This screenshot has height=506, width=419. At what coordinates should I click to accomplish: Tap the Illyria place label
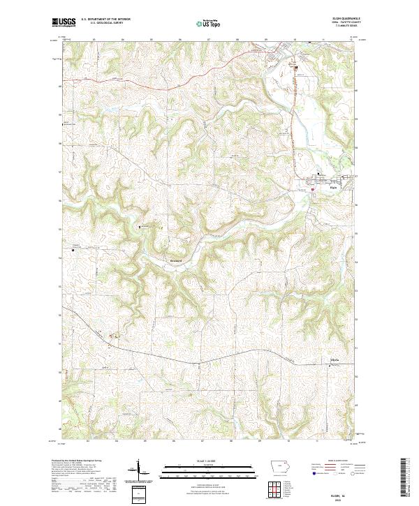[x=334, y=360]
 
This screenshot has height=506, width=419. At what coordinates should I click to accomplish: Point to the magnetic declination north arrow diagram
[x=137, y=470]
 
